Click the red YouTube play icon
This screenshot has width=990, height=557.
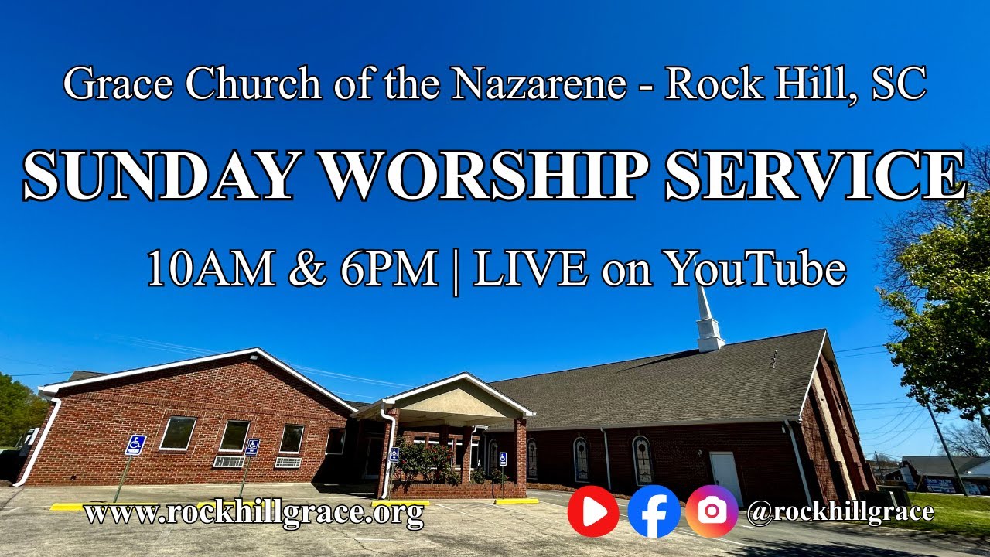click(593, 511)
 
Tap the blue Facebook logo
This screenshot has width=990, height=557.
click(654, 511)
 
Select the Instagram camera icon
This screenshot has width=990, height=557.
click(712, 511)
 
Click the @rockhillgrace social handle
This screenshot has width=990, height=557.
click(840, 511)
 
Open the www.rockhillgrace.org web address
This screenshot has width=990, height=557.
click(254, 512)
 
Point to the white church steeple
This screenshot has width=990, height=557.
click(708, 321)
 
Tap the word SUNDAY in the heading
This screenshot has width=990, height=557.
click(160, 176)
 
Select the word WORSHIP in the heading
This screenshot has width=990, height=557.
click(481, 176)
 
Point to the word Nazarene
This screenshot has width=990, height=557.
click(539, 84)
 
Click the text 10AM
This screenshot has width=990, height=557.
click(210, 269)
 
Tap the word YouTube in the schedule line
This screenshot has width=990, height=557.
click(756, 269)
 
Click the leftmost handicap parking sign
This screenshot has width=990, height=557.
click(135, 445)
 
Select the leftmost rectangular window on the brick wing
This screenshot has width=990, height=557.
click(177, 433)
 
